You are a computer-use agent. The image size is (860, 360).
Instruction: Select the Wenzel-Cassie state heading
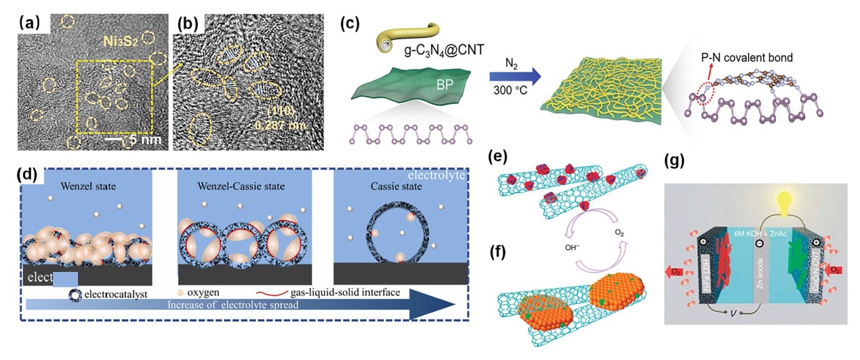(243, 184)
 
